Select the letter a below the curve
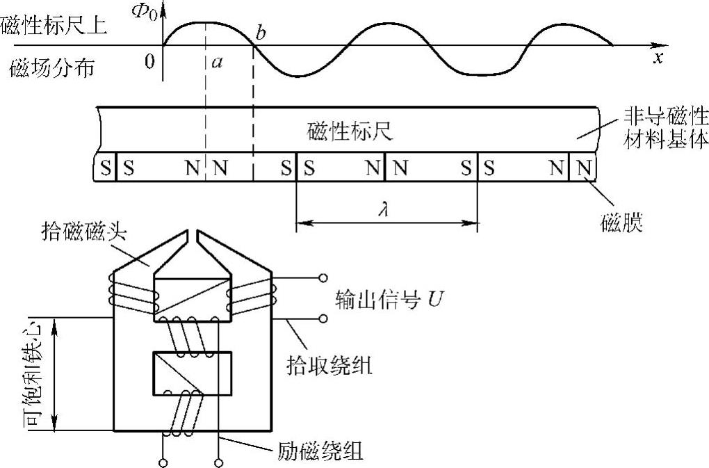218,63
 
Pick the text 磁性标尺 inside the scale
350,131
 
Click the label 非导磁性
661,122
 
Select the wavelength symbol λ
383,209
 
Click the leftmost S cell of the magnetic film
105,168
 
